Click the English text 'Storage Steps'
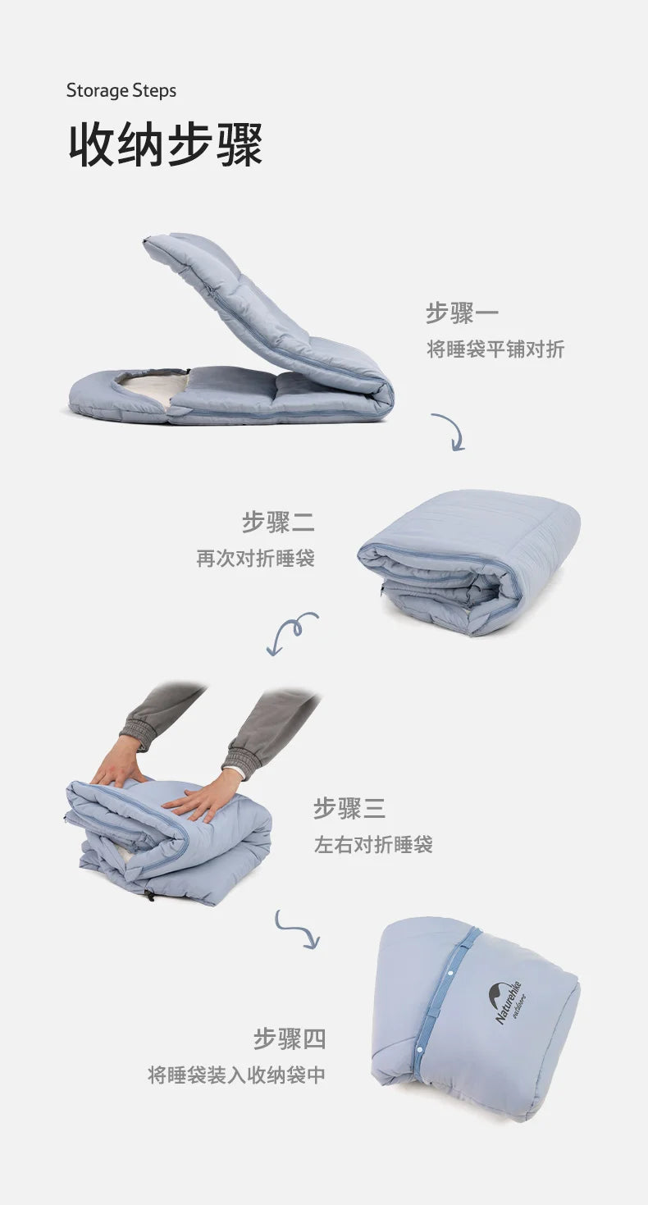tap(121, 90)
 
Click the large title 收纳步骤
tap(165, 145)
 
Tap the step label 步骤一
tap(462, 313)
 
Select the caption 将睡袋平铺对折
tap(495, 349)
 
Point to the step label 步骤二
tap(278, 522)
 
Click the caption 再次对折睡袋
tap(255, 559)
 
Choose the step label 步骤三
tap(349, 808)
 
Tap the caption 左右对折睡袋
tap(373, 844)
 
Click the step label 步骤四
tap(290, 1038)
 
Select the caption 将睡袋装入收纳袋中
tap(236, 1075)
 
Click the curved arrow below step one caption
tap(449, 431)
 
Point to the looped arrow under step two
tap(291, 632)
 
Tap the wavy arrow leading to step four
tap(297, 929)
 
